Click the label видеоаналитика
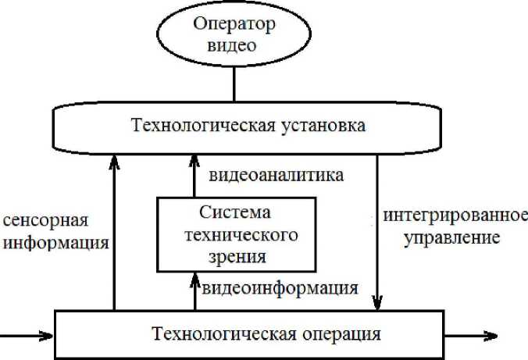(276, 175)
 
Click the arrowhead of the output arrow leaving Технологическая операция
(493, 337)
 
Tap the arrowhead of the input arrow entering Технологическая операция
(48, 337)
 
